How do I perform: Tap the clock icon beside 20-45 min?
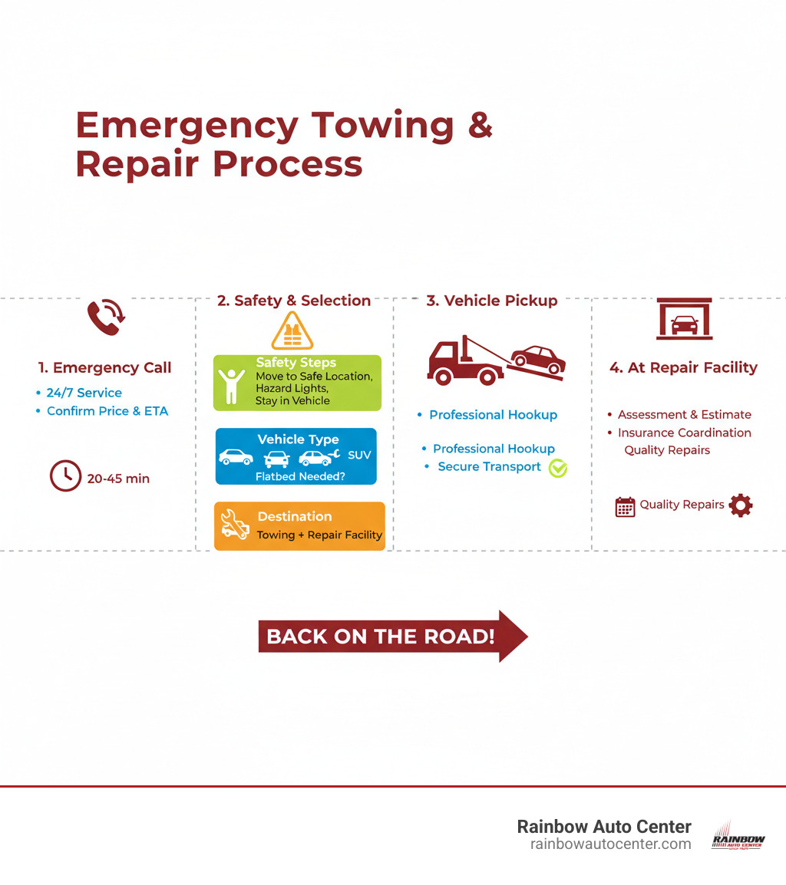coord(65,475)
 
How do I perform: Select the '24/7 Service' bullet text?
coord(84,393)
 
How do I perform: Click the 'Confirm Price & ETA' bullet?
coord(107,411)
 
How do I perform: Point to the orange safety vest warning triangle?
coord(292,331)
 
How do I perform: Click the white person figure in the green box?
coord(230,386)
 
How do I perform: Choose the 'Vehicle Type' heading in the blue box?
coord(297,439)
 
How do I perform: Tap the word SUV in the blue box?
coord(359,455)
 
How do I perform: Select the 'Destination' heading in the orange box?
coord(295,516)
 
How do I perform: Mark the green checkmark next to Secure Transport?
coord(558,468)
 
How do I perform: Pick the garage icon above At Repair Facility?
coord(684,319)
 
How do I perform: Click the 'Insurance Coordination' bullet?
coord(684,433)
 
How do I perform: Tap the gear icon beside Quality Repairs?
coord(741,505)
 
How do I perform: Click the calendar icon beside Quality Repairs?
coord(626,507)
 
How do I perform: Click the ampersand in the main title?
coord(479,126)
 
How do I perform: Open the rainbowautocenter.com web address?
coord(610,844)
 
